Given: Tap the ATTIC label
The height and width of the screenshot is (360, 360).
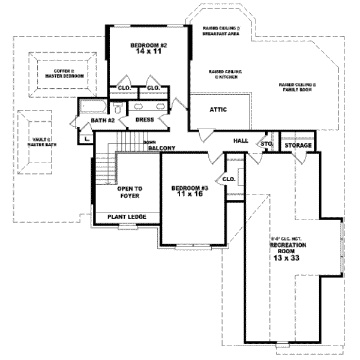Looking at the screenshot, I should click(x=217, y=110).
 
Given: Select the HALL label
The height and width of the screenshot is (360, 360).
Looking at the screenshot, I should click(x=241, y=140).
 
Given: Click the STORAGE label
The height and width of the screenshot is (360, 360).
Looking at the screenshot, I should click(x=298, y=146).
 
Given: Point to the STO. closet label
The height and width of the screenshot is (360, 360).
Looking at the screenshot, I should click(x=267, y=144).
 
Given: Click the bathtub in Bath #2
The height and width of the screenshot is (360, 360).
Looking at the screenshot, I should click(x=92, y=108).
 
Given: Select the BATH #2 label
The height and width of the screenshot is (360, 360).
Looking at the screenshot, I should click(x=103, y=121).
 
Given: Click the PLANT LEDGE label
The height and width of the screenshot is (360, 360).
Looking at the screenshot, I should click(x=126, y=217).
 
